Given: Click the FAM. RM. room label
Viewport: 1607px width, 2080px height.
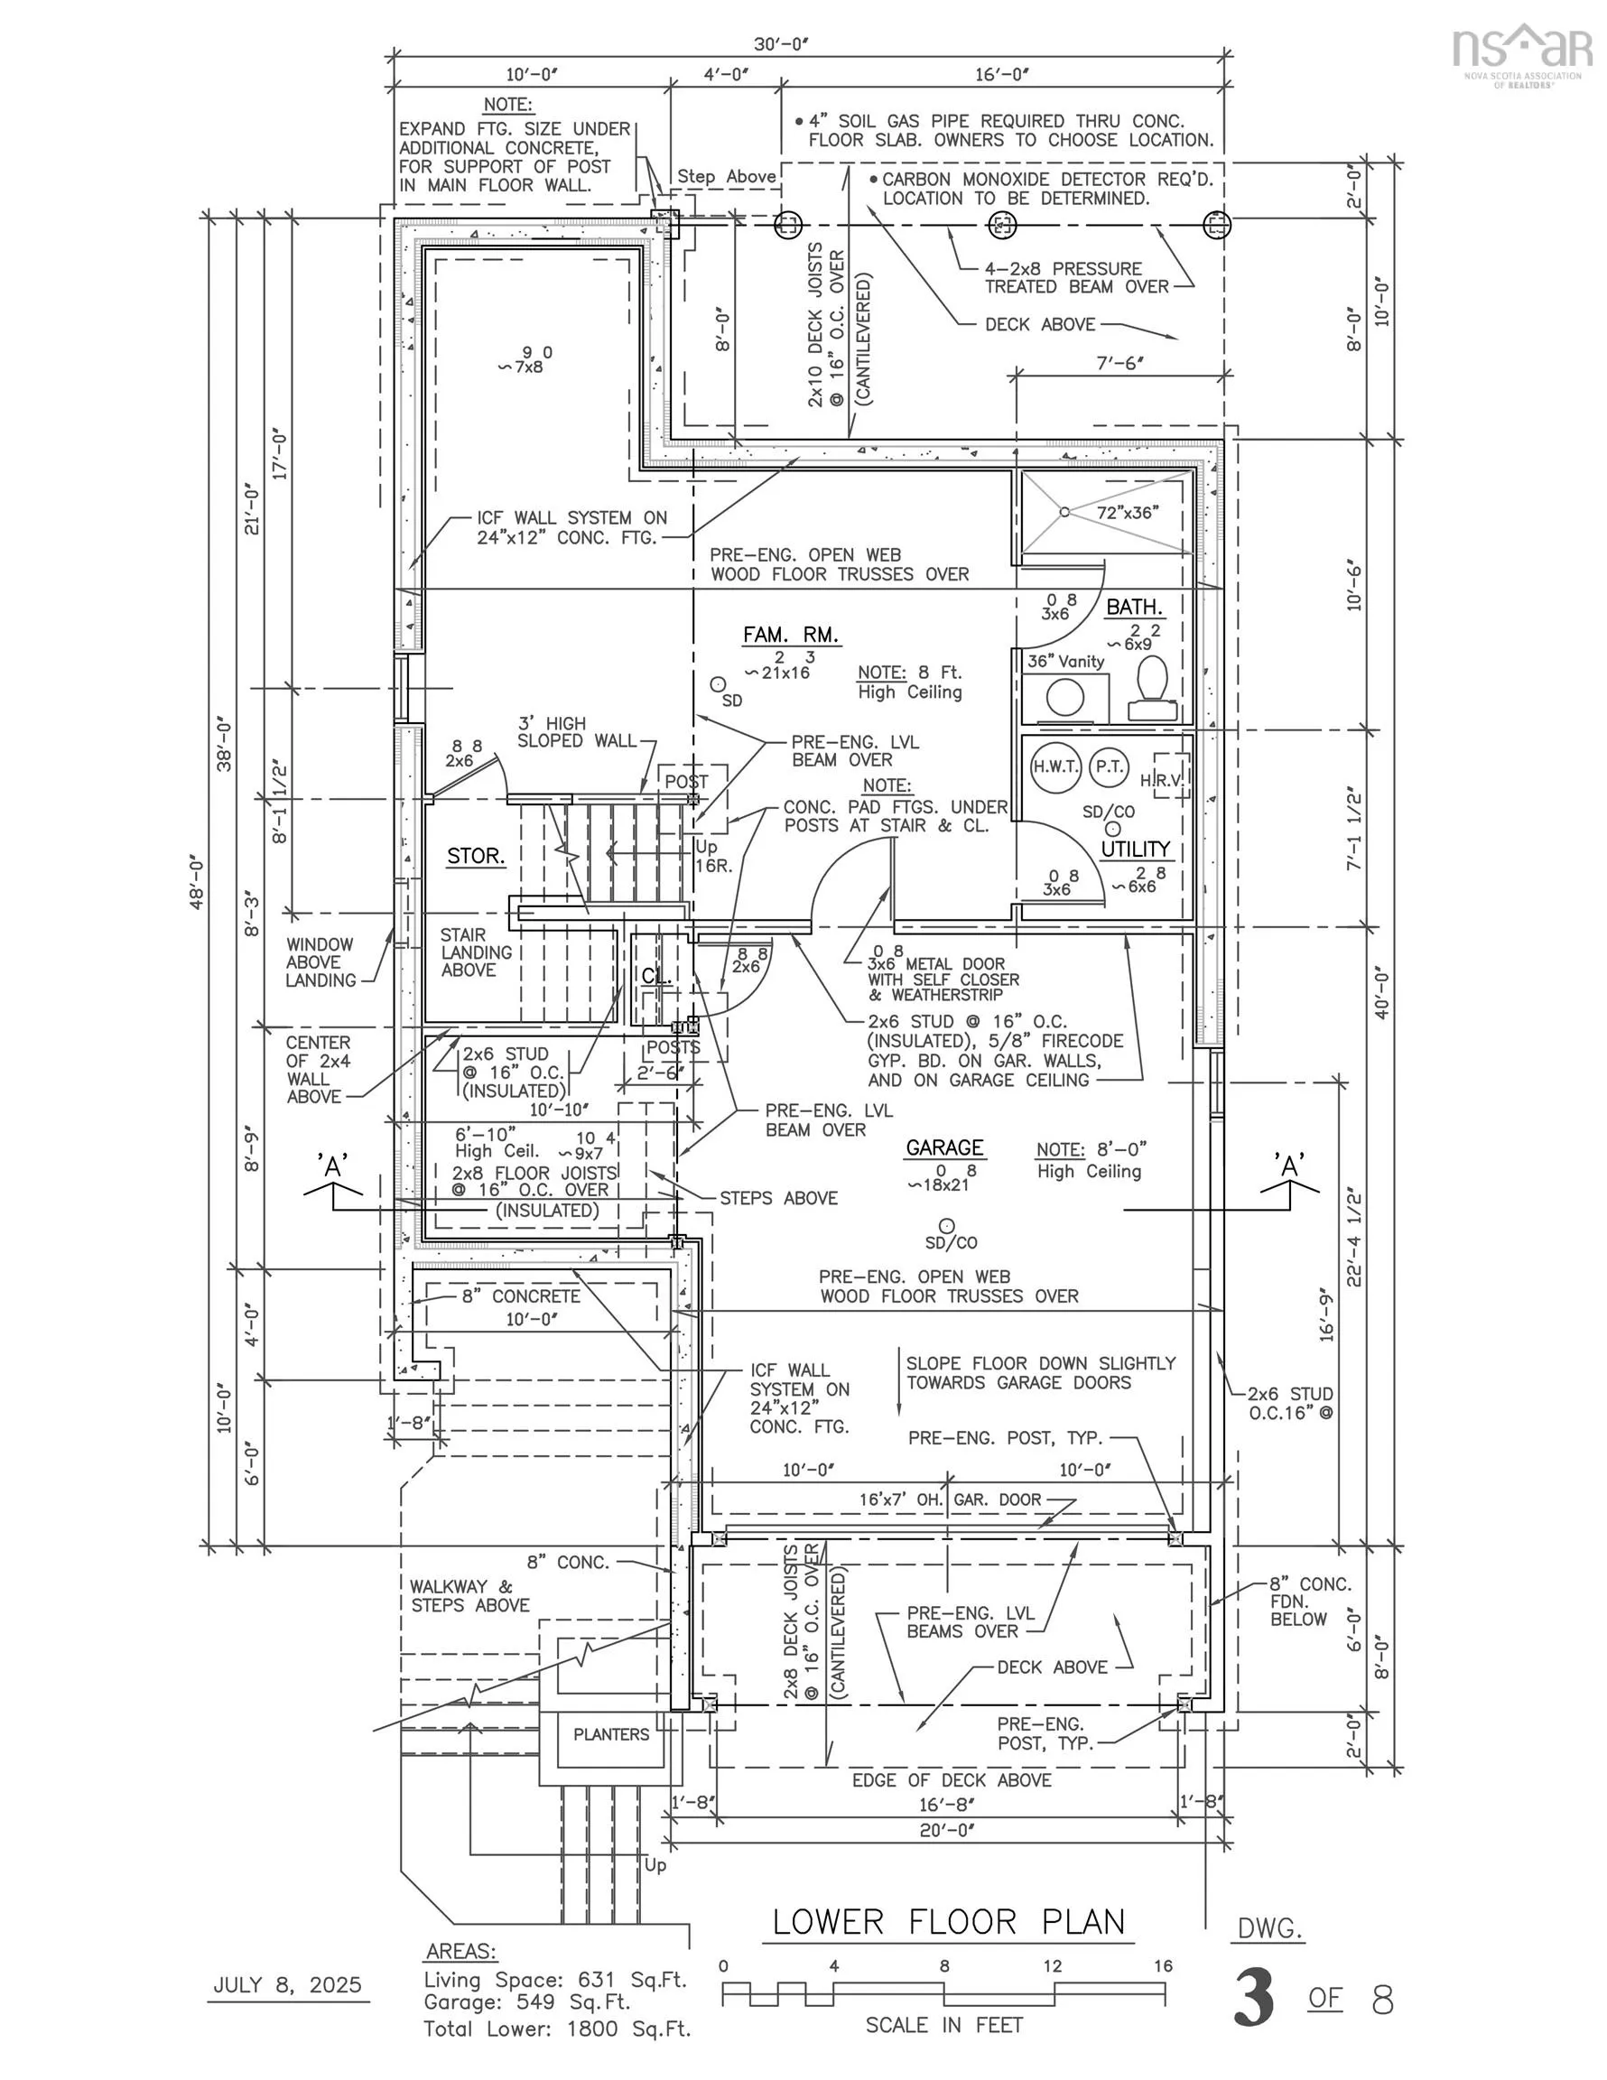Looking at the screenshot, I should pyautogui.click(x=790, y=636).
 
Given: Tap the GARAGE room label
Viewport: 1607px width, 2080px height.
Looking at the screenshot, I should pyautogui.click(x=944, y=1147).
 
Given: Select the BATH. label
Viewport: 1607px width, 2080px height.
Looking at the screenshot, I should pyautogui.click(x=1134, y=607).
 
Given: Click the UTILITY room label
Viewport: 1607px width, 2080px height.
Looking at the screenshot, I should pyautogui.click(x=1136, y=849).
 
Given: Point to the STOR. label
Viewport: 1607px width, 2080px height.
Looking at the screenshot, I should pyautogui.click(x=476, y=856).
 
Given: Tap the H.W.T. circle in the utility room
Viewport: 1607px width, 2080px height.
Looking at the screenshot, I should pyautogui.click(x=1055, y=766).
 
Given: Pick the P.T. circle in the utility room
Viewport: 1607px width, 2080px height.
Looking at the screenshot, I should pyautogui.click(x=1109, y=766).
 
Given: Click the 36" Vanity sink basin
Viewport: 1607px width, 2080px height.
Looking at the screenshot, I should pyautogui.click(x=1065, y=698).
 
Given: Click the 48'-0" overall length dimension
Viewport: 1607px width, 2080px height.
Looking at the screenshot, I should pyautogui.click(x=196, y=883).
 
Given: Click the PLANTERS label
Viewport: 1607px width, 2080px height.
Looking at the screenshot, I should pyautogui.click(x=610, y=1734).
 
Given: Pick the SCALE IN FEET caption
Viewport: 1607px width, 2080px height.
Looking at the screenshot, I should pyautogui.click(x=943, y=2025).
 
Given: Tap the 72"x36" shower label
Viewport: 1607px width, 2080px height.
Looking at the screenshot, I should pyautogui.click(x=1128, y=513).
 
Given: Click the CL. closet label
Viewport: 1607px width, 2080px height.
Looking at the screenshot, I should pyautogui.click(x=656, y=976).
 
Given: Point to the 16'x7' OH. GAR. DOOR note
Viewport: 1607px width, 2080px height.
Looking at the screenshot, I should pyautogui.click(x=950, y=1499).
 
